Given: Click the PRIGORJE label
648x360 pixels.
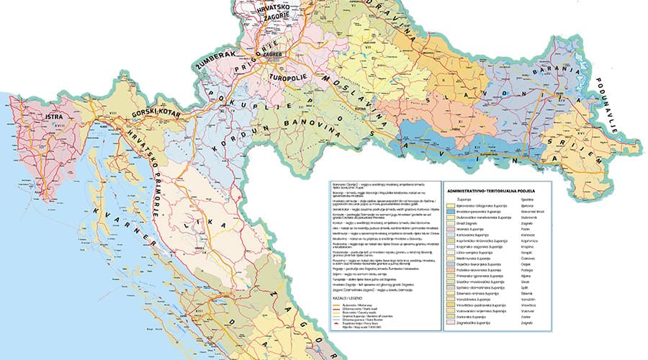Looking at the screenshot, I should point(249,72).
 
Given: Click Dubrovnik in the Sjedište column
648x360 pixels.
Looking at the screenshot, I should point(528,218).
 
